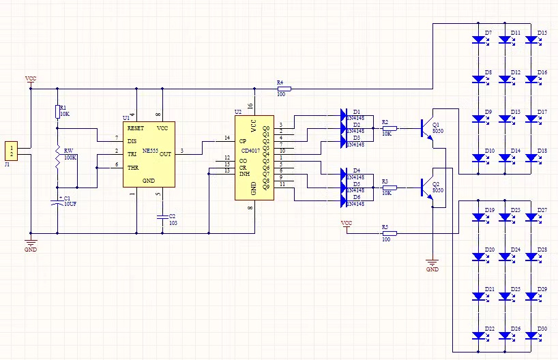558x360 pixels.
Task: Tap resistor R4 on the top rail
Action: pyautogui.click(x=284, y=89)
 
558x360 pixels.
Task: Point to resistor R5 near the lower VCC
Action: pyautogui.click(x=390, y=233)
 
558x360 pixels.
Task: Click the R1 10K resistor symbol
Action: pyautogui.click(x=57, y=111)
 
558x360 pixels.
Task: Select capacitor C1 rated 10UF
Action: pyautogui.click(x=57, y=202)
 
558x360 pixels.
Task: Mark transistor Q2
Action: pyautogui.click(x=428, y=185)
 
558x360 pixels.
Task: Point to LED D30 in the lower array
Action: pyautogui.click(x=534, y=336)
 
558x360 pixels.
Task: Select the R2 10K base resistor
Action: pyautogui.click(x=390, y=128)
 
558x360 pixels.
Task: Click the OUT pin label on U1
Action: pyautogui.click(x=165, y=154)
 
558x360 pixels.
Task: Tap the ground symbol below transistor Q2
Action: pyautogui.click(x=432, y=261)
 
